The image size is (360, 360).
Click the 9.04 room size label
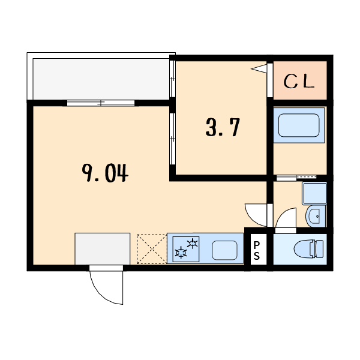[x=105, y=173]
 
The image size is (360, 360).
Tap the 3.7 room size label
[x=223, y=128]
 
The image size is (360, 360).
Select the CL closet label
[x=299, y=81]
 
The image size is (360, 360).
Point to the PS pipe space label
[x=256, y=250]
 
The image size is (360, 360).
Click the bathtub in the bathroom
[x=299, y=125]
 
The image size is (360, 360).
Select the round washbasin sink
[x=315, y=216]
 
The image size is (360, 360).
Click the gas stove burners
[x=186, y=248]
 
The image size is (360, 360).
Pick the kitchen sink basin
[x=225, y=249]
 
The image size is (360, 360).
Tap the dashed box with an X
[x=151, y=248]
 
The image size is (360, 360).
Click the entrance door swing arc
[x=107, y=285]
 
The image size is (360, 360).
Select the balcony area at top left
[x=101, y=79]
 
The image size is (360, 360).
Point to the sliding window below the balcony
[x=101, y=103]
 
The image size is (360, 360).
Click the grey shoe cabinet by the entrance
[x=102, y=248]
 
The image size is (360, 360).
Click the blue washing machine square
[x=314, y=193]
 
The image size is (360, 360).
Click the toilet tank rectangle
[x=320, y=248]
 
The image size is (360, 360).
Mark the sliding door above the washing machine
[x=296, y=178]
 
